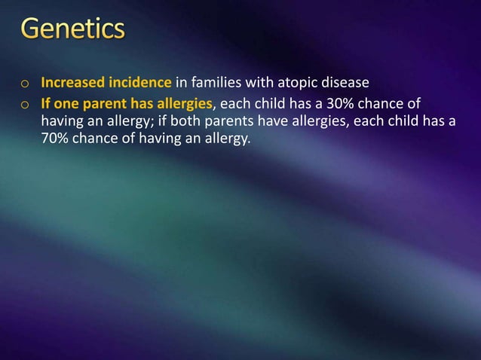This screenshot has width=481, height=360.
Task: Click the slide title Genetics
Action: click(x=74, y=31)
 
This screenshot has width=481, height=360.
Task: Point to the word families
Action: click(x=216, y=82)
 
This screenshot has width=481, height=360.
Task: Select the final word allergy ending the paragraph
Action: click(x=225, y=139)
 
